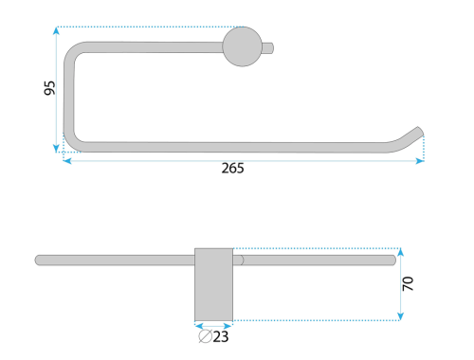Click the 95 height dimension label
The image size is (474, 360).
pos(49,88)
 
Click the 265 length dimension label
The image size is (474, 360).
pos(232,168)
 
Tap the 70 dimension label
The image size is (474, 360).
pos(408,283)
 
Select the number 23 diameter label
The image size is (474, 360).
pos(221,336)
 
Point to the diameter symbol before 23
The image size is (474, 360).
pos(205,336)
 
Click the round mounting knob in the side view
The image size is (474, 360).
pos(243,46)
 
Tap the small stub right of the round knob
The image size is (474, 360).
pos(268,48)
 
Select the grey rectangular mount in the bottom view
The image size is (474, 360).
pos(213,284)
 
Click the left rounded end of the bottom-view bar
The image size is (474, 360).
pos(38,261)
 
